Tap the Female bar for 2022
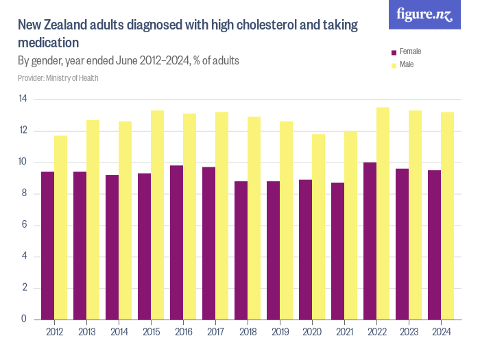(x=370, y=241)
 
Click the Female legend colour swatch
(x=394, y=52)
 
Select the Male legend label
(x=407, y=65)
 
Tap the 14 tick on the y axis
(x=23, y=99)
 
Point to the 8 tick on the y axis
(x=24, y=194)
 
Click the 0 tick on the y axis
(x=24, y=320)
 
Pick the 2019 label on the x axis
(x=280, y=333)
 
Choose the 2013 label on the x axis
(x=86, y=333)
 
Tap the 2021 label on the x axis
(x=344, y=333)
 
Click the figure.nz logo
(x=424, y=15)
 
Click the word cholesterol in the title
(x=261, y=26)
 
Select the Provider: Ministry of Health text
(x=58, y=78)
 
